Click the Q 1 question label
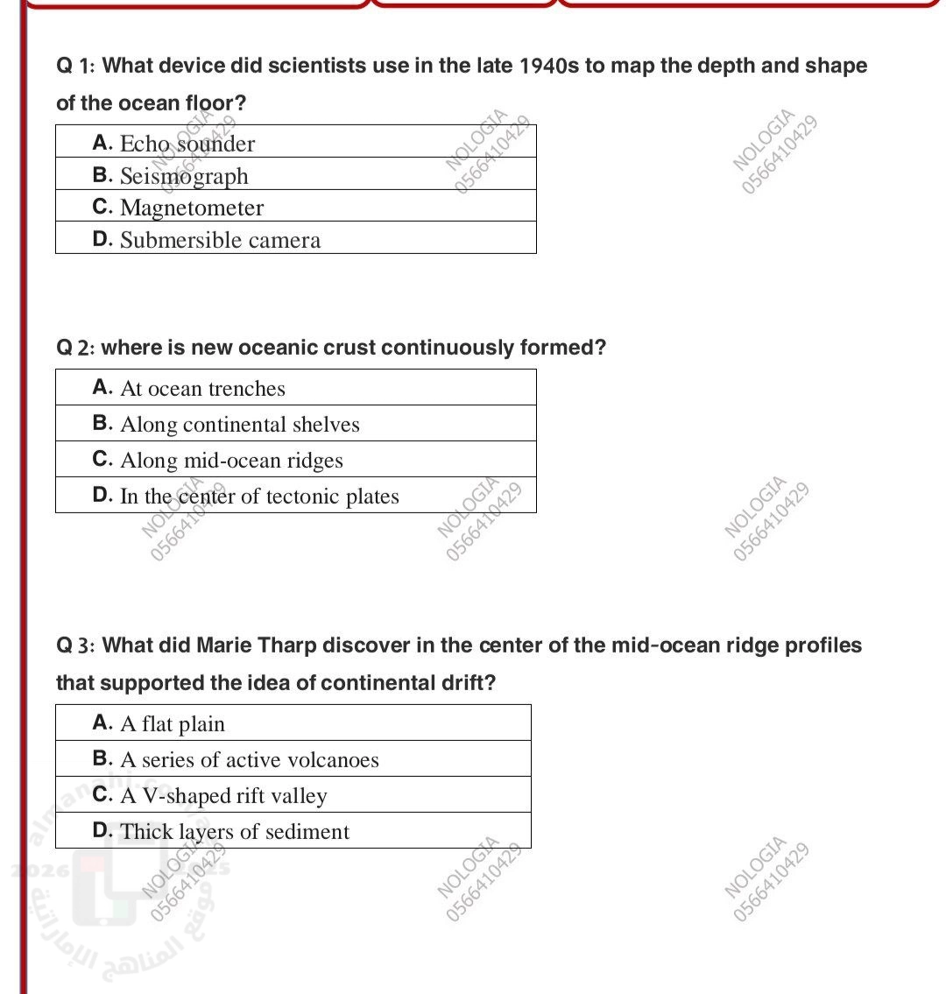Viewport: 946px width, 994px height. click(x=77, y=66)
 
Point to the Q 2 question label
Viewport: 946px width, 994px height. click(x=76, y=348)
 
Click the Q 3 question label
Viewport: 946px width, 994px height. click(x=77, y=645)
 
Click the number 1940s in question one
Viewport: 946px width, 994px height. click(x=550, y=66)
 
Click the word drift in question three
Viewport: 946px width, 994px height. click(x=465, y=682)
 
